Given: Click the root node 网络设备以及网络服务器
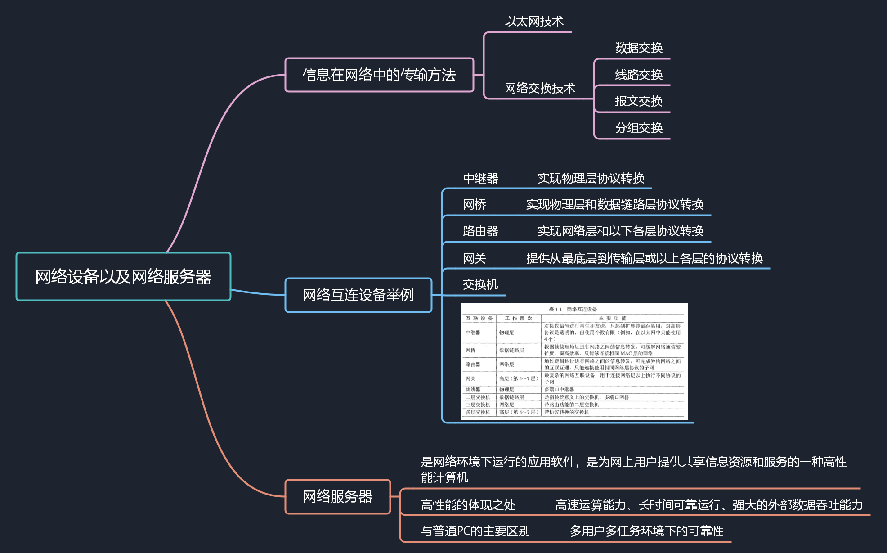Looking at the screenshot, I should click(123, 277).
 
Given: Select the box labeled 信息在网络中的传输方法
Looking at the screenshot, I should click(379, 75).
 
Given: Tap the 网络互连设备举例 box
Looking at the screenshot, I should click(358, 295).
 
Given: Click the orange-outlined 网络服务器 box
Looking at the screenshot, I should click(338, 496).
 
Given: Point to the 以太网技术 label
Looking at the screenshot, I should click(533, 21).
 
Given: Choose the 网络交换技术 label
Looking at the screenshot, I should click(540, 88).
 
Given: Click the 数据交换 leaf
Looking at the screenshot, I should click(639, 48).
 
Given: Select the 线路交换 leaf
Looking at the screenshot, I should click(639, 75).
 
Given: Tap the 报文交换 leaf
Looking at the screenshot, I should click(639, 101).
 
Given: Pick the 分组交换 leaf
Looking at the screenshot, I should click(639, 128).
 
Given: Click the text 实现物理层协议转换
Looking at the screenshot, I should click(591, 178).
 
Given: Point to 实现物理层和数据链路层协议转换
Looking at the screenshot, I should click(614, 204).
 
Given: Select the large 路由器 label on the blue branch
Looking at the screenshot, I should click(480, 231).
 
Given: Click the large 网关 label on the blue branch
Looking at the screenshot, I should click(475, 258).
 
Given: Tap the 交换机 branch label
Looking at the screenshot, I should click(480, 284).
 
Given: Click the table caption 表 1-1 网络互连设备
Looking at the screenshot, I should click(573, 309).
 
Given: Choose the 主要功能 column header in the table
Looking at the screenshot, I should click(612, 318).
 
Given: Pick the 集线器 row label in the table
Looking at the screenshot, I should click(473, 390).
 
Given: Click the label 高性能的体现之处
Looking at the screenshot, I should click(468, 505).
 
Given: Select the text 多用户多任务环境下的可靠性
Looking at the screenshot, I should click(646, 531).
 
